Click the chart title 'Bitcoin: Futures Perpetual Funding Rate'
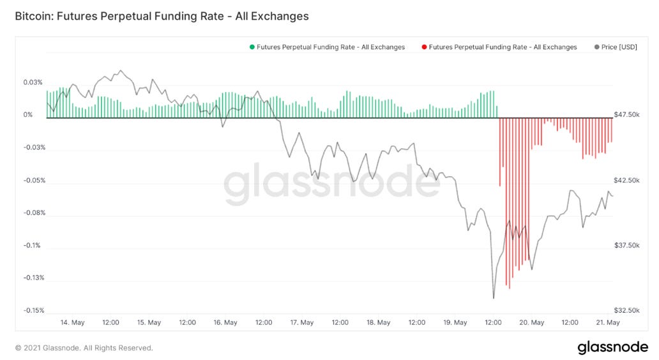coord(162,17)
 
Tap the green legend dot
coord(252,47)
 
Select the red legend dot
coord(425,47)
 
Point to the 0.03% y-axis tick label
coord(33,82)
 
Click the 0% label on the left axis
coord(28,115)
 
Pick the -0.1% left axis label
coord(31,246)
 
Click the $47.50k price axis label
coord(626,115)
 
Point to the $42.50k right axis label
coord(626,181)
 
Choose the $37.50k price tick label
coord(626,246)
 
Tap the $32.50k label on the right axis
coord(626,311)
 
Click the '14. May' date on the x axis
coord(73,322)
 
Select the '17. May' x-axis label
coord(301,322)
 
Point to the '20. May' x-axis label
coord(531,322)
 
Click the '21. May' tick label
coord(607,322)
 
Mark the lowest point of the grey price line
coord(494,298)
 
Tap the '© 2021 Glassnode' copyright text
coord(84,348)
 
